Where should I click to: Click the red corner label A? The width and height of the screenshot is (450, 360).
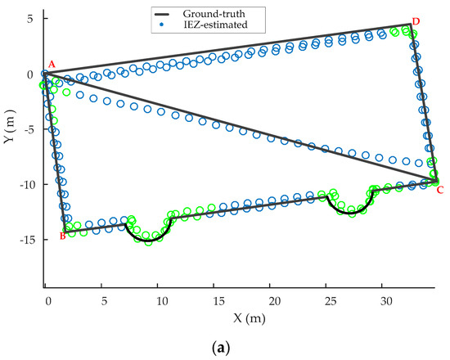pos(52,64)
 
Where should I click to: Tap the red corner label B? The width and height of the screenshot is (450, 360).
pos(62,236)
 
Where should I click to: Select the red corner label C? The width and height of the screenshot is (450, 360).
pos(440,190)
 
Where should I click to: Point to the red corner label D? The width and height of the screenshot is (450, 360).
pos(416,20)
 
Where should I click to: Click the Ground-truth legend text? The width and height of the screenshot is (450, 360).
pos(236,14)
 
